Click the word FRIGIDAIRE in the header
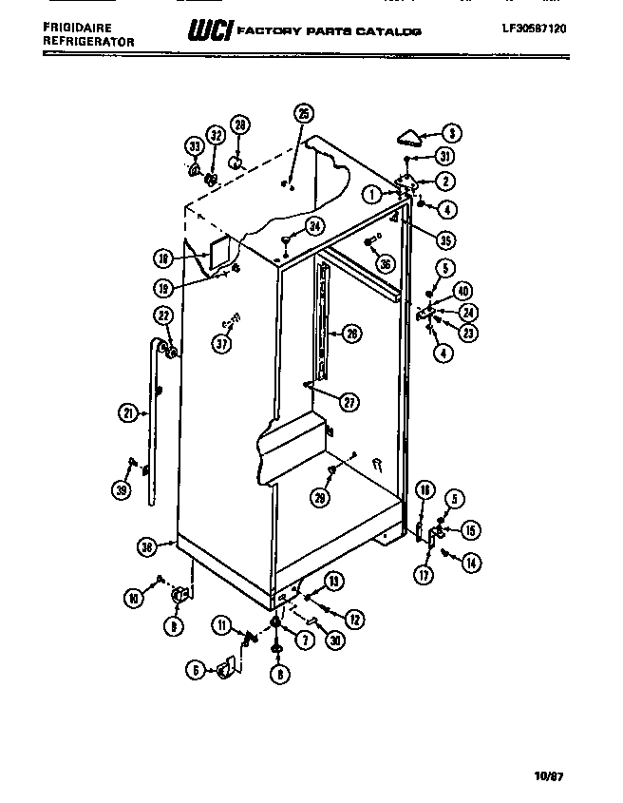pos(75,30)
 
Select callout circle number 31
pos(446,158)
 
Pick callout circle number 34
pos(314,227)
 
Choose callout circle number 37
pos(221,345)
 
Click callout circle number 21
pos(128,411)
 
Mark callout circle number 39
pos(122,490)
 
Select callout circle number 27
pos(350,402)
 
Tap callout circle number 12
pos(353,619)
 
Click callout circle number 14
pos(469,563)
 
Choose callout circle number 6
pos(196,671)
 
